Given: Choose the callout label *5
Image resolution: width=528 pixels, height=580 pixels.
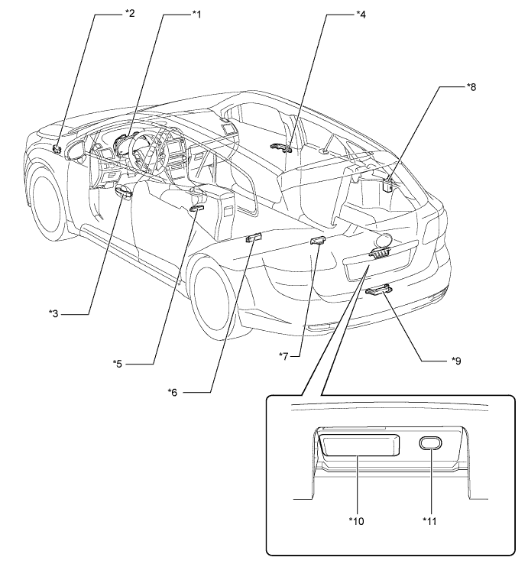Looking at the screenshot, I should click(117, 364).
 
